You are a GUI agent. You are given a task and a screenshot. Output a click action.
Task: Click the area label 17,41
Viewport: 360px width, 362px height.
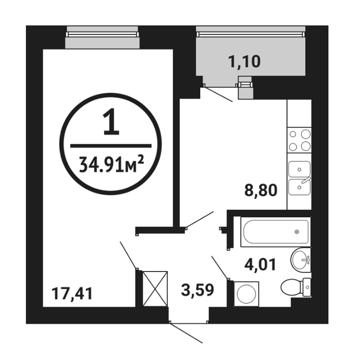pos(72,294)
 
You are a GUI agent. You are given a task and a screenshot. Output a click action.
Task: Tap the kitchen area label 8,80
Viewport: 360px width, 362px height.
pos(261,190)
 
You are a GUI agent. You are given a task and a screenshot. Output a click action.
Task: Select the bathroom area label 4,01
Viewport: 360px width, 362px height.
pos(260,265)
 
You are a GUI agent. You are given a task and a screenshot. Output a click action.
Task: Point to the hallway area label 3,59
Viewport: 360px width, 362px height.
pos(198,290)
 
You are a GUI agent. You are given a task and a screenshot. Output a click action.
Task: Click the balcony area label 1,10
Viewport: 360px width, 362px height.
pos(244,62)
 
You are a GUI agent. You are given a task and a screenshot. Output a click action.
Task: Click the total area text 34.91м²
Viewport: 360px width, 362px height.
pos(111,164)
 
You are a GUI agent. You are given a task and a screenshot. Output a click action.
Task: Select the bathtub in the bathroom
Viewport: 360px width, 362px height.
pos(276,232)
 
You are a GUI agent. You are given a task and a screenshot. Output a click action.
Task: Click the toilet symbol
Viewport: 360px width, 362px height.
pos(296,288)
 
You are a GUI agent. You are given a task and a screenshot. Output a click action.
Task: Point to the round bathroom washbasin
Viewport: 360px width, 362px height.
pos(301,260)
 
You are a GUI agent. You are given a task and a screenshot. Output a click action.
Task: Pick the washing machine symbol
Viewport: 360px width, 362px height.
pos(246,294)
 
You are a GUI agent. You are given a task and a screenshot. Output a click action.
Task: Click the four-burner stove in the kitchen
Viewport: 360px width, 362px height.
pos(299,140)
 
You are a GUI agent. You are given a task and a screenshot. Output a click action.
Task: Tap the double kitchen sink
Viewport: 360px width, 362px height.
pos(299,178)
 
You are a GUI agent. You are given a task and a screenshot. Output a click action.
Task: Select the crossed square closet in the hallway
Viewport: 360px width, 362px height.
pos(155,289)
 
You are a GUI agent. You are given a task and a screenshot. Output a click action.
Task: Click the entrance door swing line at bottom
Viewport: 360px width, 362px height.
pos(186,333)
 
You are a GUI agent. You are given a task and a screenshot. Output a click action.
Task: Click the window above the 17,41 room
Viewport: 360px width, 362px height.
pos(102,37)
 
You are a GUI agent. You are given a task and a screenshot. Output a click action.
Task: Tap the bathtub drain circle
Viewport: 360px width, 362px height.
pos(297,232)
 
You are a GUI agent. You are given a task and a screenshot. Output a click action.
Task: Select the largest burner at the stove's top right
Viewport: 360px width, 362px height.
pos(306,134)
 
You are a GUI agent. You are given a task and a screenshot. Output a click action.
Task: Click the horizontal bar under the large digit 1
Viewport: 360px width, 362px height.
pos(111,146)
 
